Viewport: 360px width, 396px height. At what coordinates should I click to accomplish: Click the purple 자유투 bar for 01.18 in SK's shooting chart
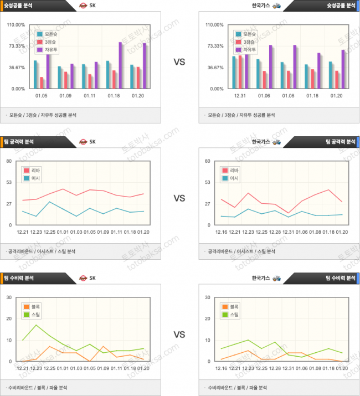[120, 65]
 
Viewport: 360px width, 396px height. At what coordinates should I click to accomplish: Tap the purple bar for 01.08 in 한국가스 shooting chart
[295, 66]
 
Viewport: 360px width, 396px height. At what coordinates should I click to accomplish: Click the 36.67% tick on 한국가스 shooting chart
[215, 68]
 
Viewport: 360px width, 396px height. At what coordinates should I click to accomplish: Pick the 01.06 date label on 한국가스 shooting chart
[264, 96]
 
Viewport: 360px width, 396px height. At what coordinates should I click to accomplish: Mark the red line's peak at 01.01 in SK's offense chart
[63, 189]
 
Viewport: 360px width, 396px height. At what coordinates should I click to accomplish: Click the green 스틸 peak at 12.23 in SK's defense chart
[36, 325]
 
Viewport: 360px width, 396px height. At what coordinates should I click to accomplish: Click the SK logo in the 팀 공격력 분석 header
[83, 141]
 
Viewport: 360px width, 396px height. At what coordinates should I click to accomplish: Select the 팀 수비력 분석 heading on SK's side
[21, 277]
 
